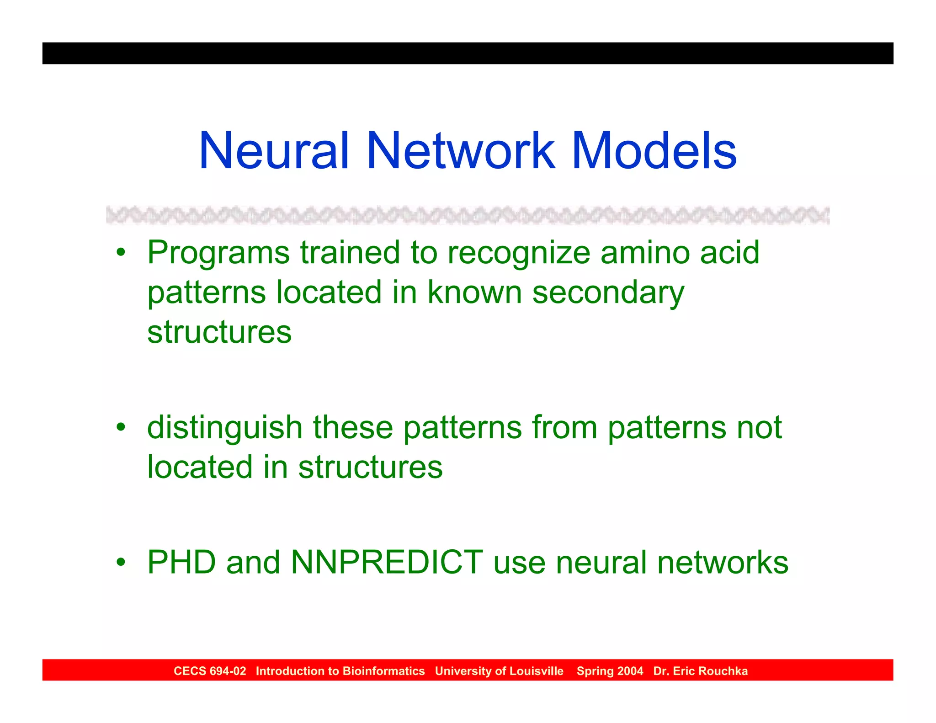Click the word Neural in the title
pos(274,151)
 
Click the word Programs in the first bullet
pos(218,253)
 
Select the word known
pos(474,292)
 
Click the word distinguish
pos(225,428)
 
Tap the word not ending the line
pos(759,428)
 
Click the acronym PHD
pos(181,562)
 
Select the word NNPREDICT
pos(387,562)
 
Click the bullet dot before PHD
pos(121,562)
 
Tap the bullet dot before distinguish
pos(121,428)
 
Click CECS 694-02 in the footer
pos(210,671)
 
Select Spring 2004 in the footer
pos(610,671)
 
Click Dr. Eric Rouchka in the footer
pos(700,671)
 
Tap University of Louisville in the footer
pos(499,671)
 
